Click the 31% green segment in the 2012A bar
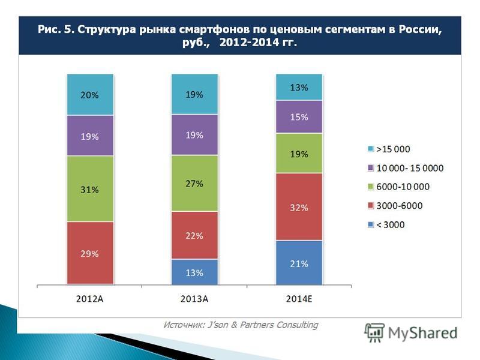[90, 188]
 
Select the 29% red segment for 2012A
[90, 253]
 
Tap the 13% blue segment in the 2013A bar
[194, 272]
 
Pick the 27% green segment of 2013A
[194, 183]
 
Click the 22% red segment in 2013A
[194, 235]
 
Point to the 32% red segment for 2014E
[298, 206]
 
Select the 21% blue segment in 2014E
[298, 262]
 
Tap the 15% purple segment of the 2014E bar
[298, 116]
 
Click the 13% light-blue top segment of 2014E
[298, 87]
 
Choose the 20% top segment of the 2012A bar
[90, 94]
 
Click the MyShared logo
[411, 332]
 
